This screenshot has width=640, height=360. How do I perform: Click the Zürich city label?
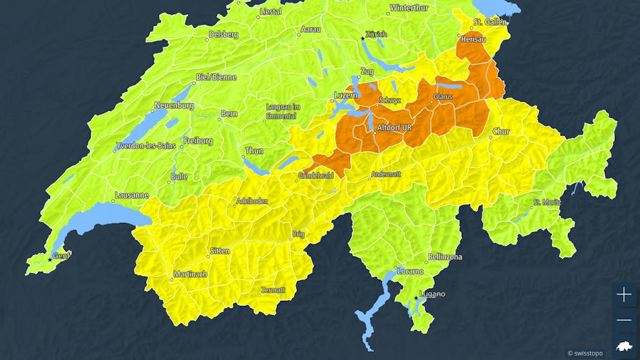[x=376, y=34]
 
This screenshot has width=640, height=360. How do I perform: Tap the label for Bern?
[x=229, y=114]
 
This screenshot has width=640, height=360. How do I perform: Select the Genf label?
[x=62, y=256]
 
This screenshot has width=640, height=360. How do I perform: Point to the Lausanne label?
[x=131, y=195]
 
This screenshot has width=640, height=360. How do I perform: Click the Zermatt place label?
[x=272, y=290]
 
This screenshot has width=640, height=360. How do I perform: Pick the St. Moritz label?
[x=546, y=203]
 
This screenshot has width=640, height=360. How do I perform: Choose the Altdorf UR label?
[x=393, y=128]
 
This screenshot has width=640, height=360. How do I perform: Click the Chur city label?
[x=501, y=132]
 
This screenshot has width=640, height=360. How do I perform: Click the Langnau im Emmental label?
[x=281, y=111]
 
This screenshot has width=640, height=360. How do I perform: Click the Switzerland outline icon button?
[x=624, y=346]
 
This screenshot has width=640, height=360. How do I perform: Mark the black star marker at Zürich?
[x=362, y=39]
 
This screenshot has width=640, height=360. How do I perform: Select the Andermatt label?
[x=386, y=174]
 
